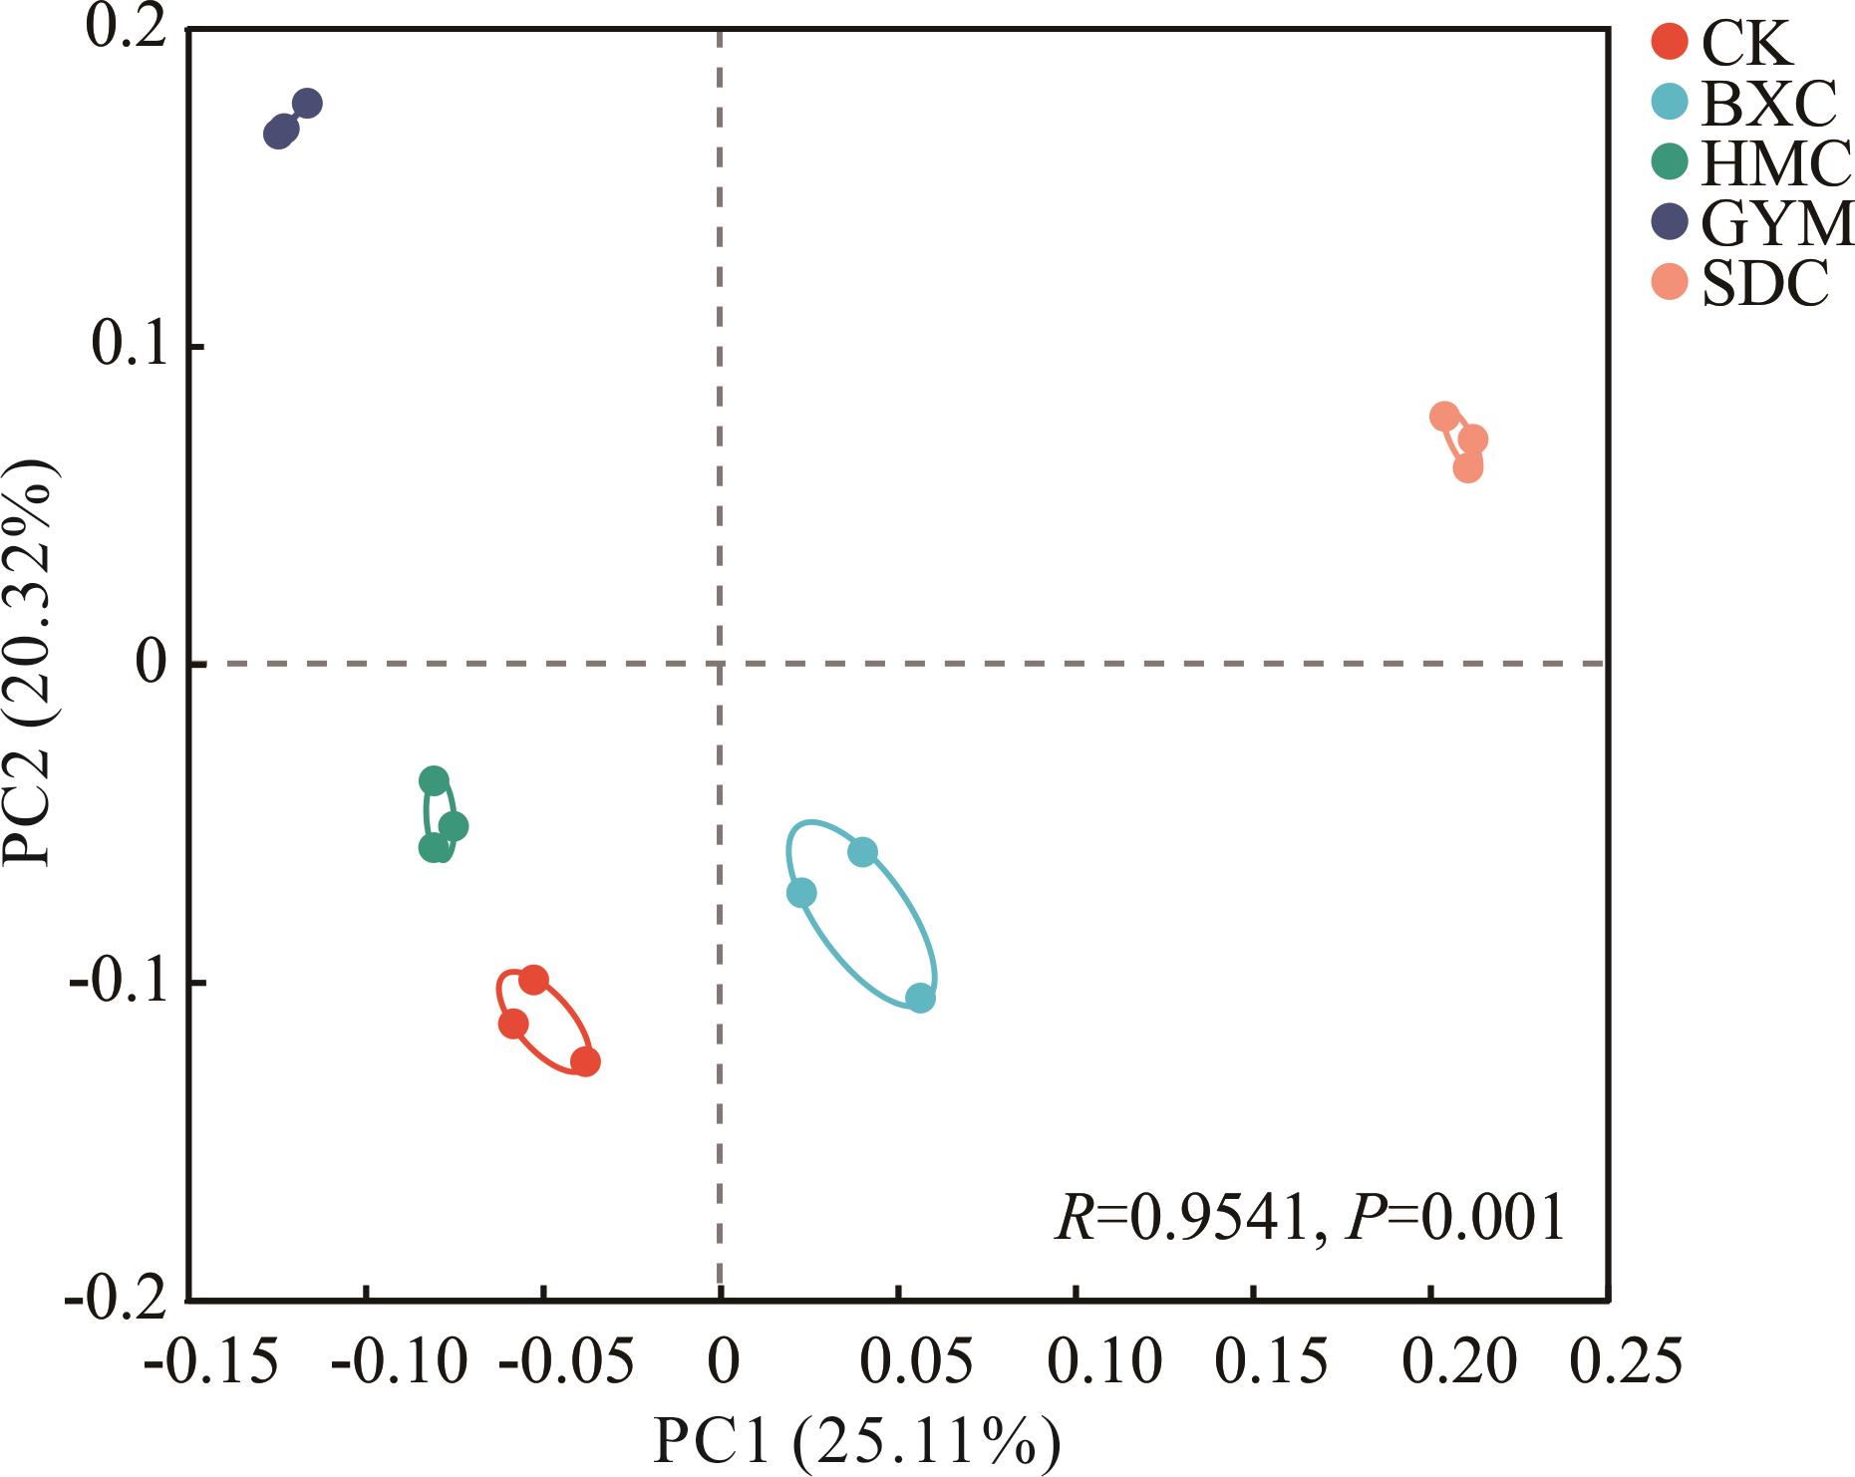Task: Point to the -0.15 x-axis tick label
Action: pyautogui.click(x=208, y=1359)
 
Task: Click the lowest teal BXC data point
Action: pyautogui.click(x=921, y=998)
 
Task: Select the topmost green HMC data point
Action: pyautogui.click(x=434, y=780)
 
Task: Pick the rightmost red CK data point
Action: pyautogui.click(x=586, y=1061)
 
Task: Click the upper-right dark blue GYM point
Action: pyautogui.click(x=307, y=104)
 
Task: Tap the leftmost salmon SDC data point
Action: pyautogui.click(x=1443, y=417)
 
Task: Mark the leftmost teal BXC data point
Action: pyautogui.click(x=801, y=893)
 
